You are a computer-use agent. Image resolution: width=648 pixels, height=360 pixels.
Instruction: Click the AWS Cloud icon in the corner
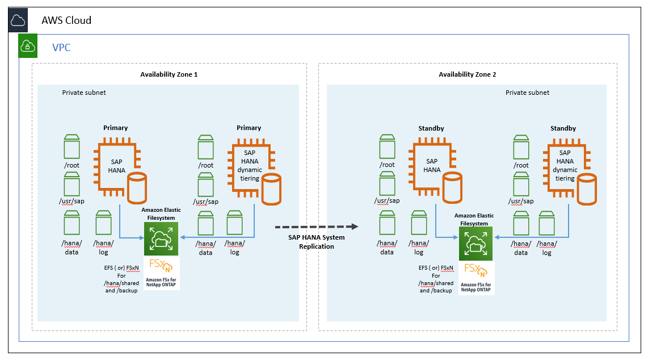(18, 21)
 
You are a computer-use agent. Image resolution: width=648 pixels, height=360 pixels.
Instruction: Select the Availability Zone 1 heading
(169, 74)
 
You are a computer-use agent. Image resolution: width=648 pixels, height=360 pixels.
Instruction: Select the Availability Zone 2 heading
(468, 74)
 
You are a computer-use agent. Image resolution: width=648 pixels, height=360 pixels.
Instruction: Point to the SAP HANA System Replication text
(317, 242)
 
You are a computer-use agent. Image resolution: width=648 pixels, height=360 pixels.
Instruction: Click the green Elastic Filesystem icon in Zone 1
(161, 238)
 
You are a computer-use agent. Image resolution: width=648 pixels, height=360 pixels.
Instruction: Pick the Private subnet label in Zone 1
(84, 93)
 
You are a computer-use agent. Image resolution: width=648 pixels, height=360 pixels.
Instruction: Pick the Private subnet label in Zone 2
(527, 93)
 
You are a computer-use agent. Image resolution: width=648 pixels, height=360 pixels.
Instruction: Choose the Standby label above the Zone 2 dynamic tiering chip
(563, 128)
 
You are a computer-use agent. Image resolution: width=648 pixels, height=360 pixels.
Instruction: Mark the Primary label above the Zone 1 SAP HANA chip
(116, 128)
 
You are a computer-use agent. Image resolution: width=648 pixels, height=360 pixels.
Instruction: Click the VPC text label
(61, 47)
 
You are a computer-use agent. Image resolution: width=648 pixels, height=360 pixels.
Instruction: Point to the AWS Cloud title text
(66, 20)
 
